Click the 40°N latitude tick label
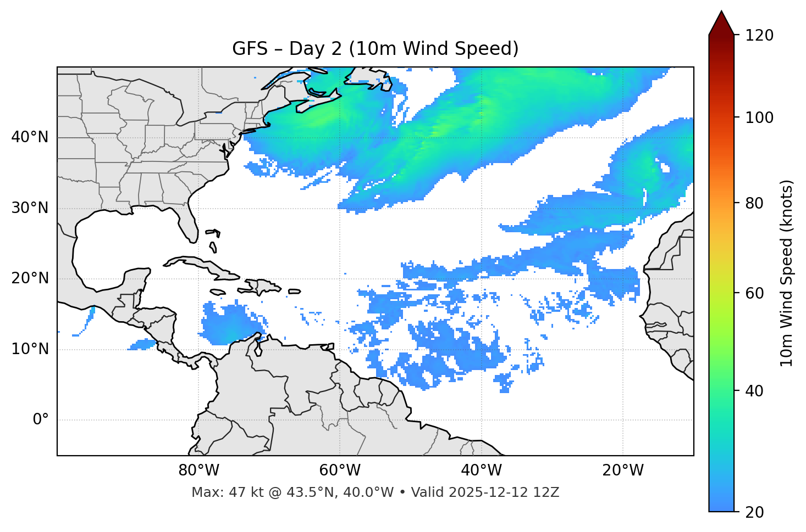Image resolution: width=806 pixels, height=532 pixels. [30, 137]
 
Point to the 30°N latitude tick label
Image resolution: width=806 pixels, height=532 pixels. [30, 208]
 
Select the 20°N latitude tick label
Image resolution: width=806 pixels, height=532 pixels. [30, 278]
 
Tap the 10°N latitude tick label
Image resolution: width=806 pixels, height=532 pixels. [30, 349]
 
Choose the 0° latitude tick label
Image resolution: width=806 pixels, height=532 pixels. [40, 420]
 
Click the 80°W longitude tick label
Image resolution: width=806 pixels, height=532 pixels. [198, 471]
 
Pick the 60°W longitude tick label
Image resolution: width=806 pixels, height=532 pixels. [340, 471]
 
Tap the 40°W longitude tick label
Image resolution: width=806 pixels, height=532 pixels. [481, 471]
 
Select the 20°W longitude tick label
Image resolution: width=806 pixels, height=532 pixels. [622, 471]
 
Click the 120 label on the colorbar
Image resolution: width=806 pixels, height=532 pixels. [759, 36]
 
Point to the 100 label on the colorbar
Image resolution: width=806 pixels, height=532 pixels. [759, 117]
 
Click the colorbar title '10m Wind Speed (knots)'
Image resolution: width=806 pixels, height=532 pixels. [787, 273]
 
